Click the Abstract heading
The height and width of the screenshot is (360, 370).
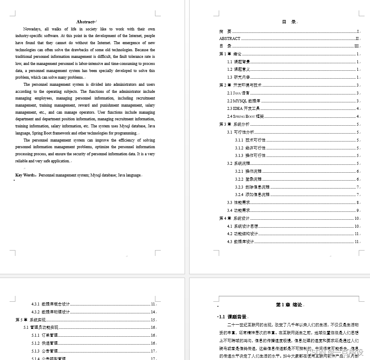pyautogui.click(x=85, y=22)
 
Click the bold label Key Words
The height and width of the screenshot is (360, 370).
pyautogui.click(x=25, y=175)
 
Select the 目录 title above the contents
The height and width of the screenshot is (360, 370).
pyautogui.click(x=289, y=22)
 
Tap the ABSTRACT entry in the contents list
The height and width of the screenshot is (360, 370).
pyautogui.click(x=230, y=38)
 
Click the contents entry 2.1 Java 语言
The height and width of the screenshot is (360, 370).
pyautogui.click(x=238, y=93)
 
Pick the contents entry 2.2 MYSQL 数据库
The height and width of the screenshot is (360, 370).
pyautogui.click(x=242, y=101)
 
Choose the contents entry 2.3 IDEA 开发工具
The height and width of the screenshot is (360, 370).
pyautogui.click(x=243, y=109)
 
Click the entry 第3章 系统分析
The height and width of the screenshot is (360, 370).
pyautogui.click(x=235, y=124)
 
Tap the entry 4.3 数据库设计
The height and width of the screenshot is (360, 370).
pyautogui.click(x=240, y=242)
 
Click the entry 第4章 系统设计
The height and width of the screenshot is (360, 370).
pyautogui.click(x=235, y=218)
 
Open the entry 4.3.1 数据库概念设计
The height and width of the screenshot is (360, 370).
pyautogui.click(x=50, y=304)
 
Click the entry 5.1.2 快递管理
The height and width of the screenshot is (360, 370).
pyautogui.click(x=44, y=343)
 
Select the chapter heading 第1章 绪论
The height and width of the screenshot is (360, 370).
pyautogui.click(x=289, y=305)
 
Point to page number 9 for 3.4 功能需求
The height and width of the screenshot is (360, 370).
pyautogui.click(x=357, y=211)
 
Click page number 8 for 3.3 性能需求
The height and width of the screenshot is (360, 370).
pyautogui.click(x=357, y=203)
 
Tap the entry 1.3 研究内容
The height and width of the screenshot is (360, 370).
pyautogui.click(x=239, y=77)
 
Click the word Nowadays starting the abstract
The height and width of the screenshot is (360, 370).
pyautogui.click(x=32, y=29)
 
